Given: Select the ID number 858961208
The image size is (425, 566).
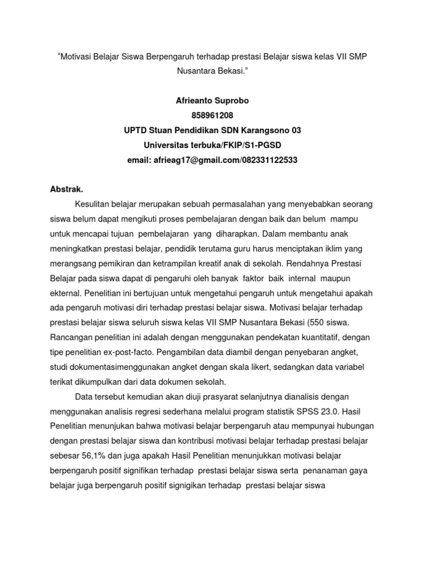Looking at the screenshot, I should pyautogui.click(x=212, y=116).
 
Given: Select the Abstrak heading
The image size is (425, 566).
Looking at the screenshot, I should pyautogui.click(x=67, y=189).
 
